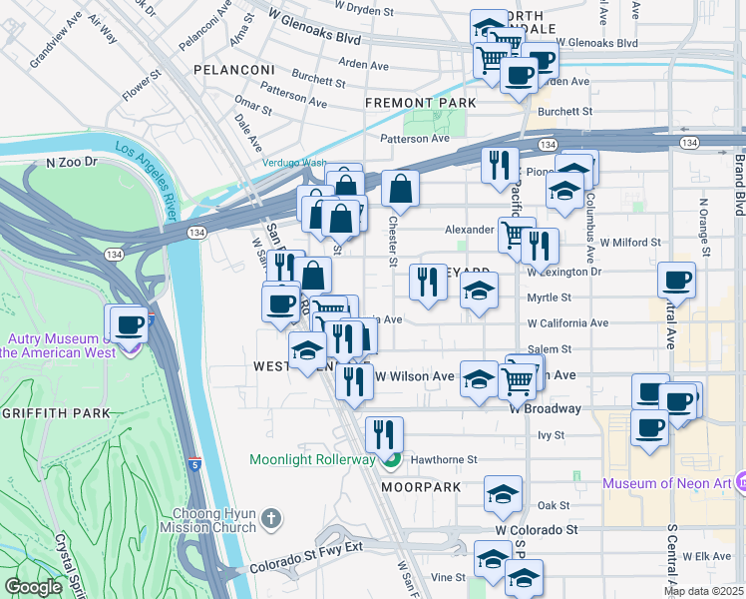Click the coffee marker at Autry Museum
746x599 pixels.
[129, 323]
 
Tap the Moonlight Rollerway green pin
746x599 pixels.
[392, 460]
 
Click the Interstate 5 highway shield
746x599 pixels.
[194, 464]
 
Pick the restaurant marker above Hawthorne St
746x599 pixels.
[384, 434]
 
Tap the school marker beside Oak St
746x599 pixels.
[504, 493]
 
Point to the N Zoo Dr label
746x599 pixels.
[72, 161]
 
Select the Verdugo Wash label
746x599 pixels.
[294, 163]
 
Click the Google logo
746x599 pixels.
[33, 587]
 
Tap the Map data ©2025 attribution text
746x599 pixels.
[703, 591]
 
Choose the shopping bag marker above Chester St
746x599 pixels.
[400, 188]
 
